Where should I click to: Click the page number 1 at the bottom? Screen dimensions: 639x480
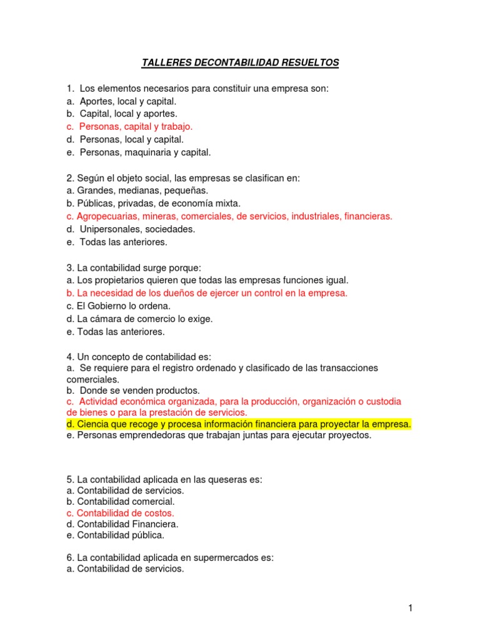click(410, 608)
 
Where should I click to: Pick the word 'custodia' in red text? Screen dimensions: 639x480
click(383, 401)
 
